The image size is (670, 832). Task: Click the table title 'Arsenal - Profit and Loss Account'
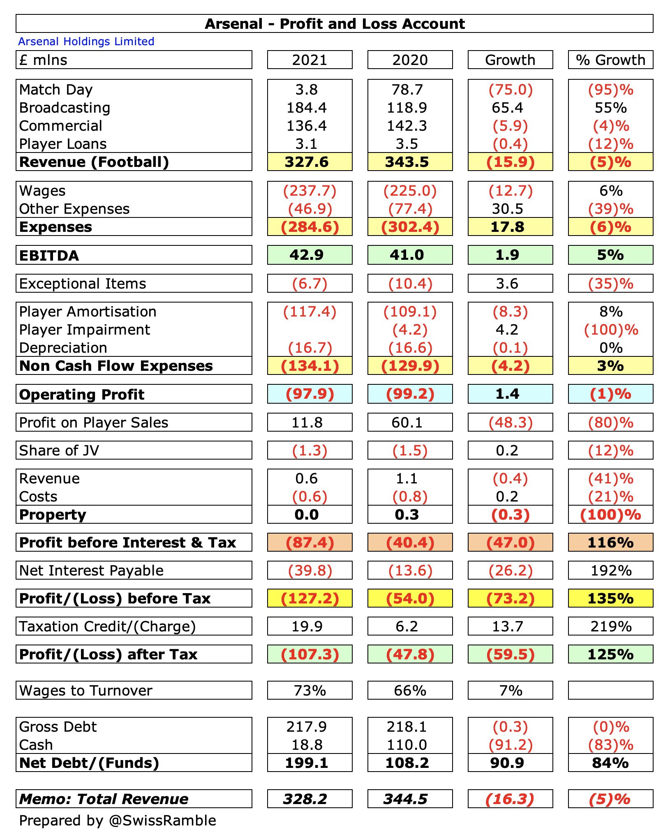pos(335,24)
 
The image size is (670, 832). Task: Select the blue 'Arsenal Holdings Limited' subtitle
pos(86,42)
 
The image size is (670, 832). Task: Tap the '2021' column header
pos(310,60)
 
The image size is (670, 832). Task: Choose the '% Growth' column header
pos(610,60)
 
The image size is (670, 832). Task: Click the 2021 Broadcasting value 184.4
pos(307,108)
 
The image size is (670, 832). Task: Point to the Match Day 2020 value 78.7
pos(407,90)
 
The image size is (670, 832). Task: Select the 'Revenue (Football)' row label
pos(94,162)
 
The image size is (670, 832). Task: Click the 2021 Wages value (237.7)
pos(310,191)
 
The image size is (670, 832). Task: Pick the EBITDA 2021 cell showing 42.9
pos(307,255)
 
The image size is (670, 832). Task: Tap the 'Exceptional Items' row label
pos(83,284)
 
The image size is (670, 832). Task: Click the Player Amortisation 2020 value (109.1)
pos(410,312)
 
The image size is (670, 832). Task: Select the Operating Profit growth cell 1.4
pos(507,394)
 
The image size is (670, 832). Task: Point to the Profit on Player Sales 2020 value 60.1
pos(407,423)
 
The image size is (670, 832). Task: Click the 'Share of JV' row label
pos(59,451)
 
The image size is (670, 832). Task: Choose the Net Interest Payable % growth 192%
pos(610,571)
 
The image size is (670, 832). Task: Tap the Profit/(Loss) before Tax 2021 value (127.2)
pos(310,599)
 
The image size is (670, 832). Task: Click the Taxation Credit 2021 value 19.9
pos(307,626)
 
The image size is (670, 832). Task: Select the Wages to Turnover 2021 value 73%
pos(310,691)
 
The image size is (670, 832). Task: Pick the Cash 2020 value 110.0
pos(407,745)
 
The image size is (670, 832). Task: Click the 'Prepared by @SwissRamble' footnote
pos(118,820)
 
